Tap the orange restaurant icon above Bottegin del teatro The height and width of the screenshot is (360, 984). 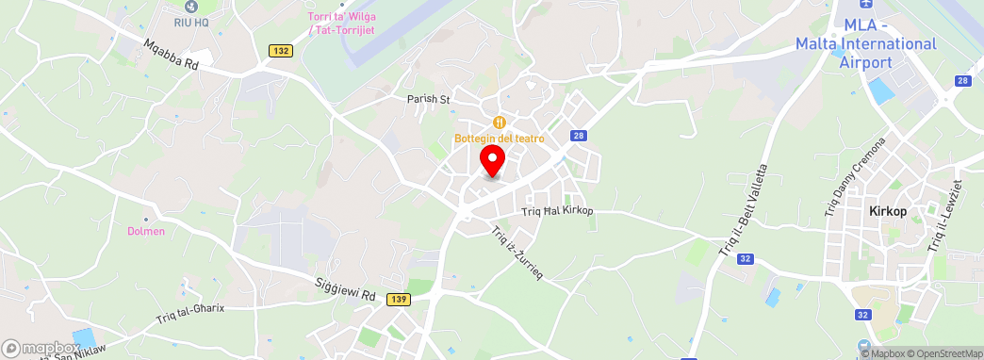pos(500,123)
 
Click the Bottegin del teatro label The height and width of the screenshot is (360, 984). pos(500,139)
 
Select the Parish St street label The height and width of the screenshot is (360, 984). pos(429,98)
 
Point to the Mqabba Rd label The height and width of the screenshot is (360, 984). pos(172,55)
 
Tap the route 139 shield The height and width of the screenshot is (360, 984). pos(398,298)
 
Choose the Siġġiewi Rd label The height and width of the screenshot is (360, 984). pos(345,288)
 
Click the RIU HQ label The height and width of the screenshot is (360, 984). pos(192,21)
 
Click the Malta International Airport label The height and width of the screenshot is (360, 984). pos(865,44)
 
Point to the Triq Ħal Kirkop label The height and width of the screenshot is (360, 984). pos(557,210)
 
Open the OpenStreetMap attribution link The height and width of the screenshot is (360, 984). pos(943,353)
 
